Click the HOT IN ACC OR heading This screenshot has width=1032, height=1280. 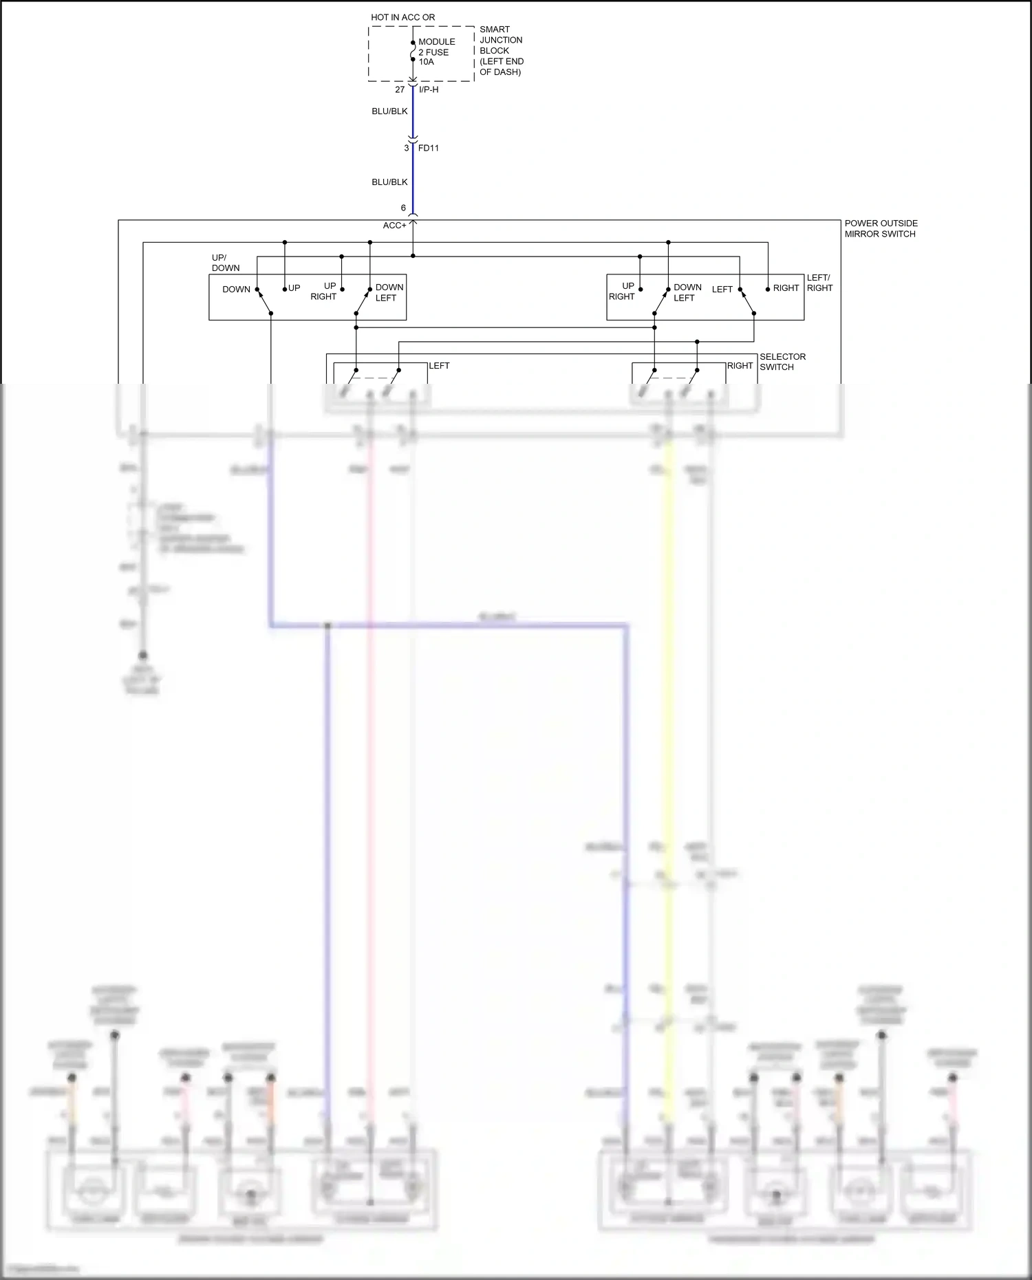(x=402, y=17)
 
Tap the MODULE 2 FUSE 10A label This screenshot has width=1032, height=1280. (x=436, y=52)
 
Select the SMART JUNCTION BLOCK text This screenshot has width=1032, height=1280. (x=501, y=50)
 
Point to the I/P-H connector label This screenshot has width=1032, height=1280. (x=429, y=89)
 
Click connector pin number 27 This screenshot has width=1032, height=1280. (x=400, y=89)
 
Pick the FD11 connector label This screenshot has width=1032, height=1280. (x=429, y=148)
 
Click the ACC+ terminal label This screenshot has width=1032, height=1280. (x=394, y=226)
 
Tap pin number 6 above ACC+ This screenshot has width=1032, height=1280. (x=403, y=208)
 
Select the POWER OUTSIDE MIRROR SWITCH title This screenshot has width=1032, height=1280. (x=881, y=228)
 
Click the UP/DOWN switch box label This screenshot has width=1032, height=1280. (x=225, y=263)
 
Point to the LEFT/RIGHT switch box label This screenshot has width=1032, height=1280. (x=819, y=283)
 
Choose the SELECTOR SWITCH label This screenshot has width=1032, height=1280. (x=782, y=362)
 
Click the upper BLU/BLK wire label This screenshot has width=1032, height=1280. (x=389, y=111)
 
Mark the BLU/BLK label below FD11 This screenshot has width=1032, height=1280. (x=389, y=182)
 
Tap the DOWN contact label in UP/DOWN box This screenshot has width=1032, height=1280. (x=236, y=290)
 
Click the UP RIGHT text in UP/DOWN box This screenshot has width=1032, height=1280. (x=324, y=291)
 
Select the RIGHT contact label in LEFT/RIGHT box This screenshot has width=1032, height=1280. (x=786, y=288)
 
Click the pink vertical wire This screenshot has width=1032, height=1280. (x=370, y=757)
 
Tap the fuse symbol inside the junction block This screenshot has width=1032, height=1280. (x=413, y=52)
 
